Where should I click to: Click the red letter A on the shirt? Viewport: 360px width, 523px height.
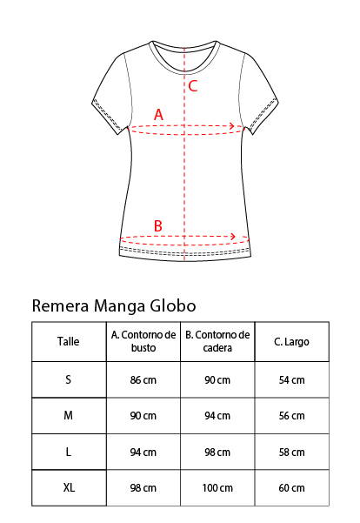[158, 114]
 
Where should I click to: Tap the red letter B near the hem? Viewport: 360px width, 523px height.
[158, 225]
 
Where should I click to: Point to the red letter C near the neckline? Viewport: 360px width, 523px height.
[193, 86]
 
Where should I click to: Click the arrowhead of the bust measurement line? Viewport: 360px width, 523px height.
[231, 126]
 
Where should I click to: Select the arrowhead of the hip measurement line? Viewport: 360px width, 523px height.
[233, 237]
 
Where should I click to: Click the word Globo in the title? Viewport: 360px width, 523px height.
[173, 305]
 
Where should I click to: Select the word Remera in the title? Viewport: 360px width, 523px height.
[60, 305]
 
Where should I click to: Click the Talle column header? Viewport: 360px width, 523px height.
[69, 341]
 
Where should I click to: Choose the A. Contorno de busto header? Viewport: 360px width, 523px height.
[143, 341]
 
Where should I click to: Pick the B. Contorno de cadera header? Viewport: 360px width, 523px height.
[217, 341]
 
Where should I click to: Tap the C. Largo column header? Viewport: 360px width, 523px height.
[291, 342]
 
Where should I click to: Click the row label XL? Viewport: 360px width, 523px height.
[69, 488]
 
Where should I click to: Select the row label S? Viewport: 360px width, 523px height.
[69, 379]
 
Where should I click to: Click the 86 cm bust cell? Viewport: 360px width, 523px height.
[143, 380]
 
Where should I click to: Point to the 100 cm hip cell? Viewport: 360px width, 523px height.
[217, 488]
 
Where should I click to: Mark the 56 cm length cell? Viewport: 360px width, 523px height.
[291, 416]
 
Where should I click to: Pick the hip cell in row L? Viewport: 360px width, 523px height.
[217, 453]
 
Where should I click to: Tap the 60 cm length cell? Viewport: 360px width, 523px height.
[291, 488]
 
